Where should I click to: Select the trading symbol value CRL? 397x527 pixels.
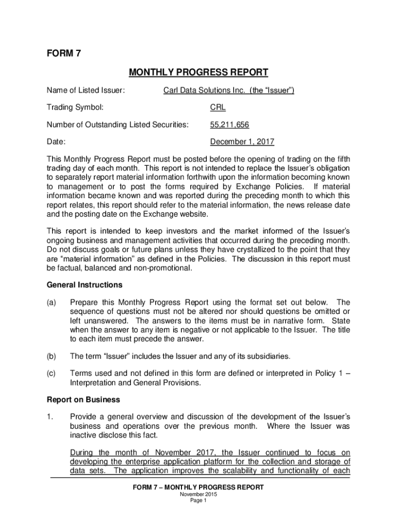218,108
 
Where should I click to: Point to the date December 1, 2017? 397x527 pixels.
242,142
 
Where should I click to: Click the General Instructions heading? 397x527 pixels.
85,285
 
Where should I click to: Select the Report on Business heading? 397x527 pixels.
83,399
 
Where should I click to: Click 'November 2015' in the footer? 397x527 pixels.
198,495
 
